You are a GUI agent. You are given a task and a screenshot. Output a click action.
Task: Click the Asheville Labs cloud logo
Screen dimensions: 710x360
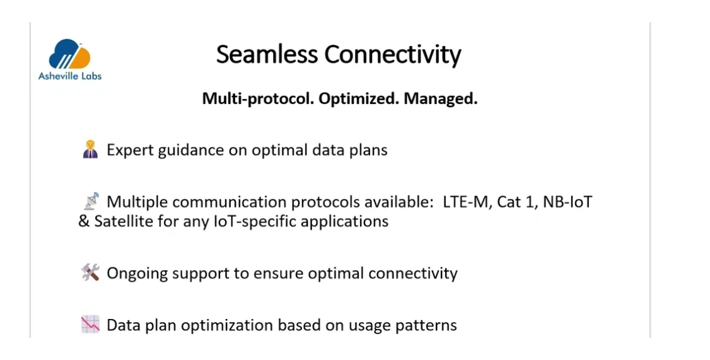[x=69, y=54]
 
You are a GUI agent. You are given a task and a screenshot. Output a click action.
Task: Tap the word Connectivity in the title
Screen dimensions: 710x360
[x=393, y=55]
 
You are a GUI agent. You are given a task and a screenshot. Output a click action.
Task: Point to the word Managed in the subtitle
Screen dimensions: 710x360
[x=441, y=98]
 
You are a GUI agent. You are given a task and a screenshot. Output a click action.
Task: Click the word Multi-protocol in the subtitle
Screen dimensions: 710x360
[x=258, y=98]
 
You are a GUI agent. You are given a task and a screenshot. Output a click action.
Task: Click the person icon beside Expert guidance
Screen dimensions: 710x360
[x=91, y=149]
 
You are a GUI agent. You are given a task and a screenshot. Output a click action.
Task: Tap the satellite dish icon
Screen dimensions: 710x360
[x=91, y=201]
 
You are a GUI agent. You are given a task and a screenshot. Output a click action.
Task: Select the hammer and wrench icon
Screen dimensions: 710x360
[x=90, y=272]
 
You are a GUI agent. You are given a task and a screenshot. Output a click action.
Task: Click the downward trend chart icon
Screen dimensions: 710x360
[x=90, y=325]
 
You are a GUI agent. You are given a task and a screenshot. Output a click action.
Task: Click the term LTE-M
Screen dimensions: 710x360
[x=467, y=202]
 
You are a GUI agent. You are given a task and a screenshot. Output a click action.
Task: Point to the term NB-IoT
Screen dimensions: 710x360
[x=567, y=202]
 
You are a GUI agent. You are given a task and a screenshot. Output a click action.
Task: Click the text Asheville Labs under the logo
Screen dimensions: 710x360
[x=70, y=76]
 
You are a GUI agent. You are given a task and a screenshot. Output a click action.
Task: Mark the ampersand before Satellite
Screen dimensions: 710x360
[x=84, y=221]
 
